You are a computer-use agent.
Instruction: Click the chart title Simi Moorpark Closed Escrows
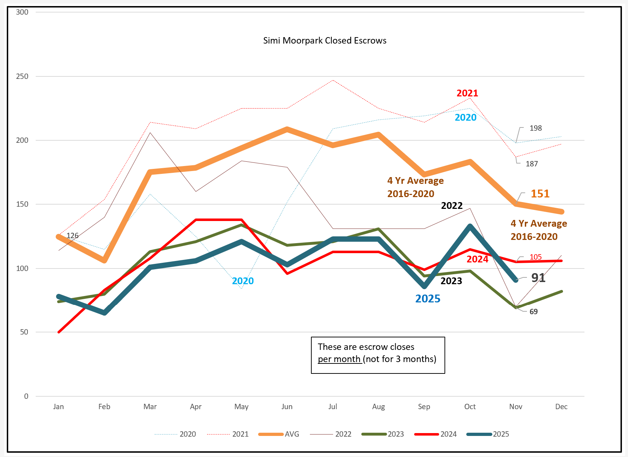click(x=325, y=41)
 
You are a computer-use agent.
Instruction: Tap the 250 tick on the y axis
click(x=22, y=76)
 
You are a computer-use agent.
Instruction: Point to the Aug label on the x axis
click(x=378, y=407)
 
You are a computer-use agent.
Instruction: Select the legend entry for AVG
click(x=292, y=434)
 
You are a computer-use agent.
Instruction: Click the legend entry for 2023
click(x=396, y=434)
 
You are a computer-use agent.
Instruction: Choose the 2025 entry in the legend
click(x=501, y=434)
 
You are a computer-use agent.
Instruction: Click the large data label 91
click(x=538, y=278)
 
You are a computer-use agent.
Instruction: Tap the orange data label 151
click(x=540, y=194)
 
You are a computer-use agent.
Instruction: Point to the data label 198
click(x=536, y=128)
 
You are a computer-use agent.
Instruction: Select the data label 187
click(x=532, y=164)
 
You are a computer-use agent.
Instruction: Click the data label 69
click(x=533, y=312)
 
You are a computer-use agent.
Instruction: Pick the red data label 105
click(x=536, y=257)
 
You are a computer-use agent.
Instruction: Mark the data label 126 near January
click(x=72, y=236)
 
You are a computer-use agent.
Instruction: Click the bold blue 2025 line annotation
click(x=428, y=299)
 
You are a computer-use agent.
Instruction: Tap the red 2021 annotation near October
click(x=467, y=93)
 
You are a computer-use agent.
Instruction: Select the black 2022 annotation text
click(x=452, y=206)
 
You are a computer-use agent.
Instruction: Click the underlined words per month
click(x=339, y=359)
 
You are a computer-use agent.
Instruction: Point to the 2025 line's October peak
click(x=470, y=226)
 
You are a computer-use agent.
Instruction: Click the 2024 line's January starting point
click(x=59, y=332)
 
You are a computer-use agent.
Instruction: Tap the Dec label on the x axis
click(x=561, y=407)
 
